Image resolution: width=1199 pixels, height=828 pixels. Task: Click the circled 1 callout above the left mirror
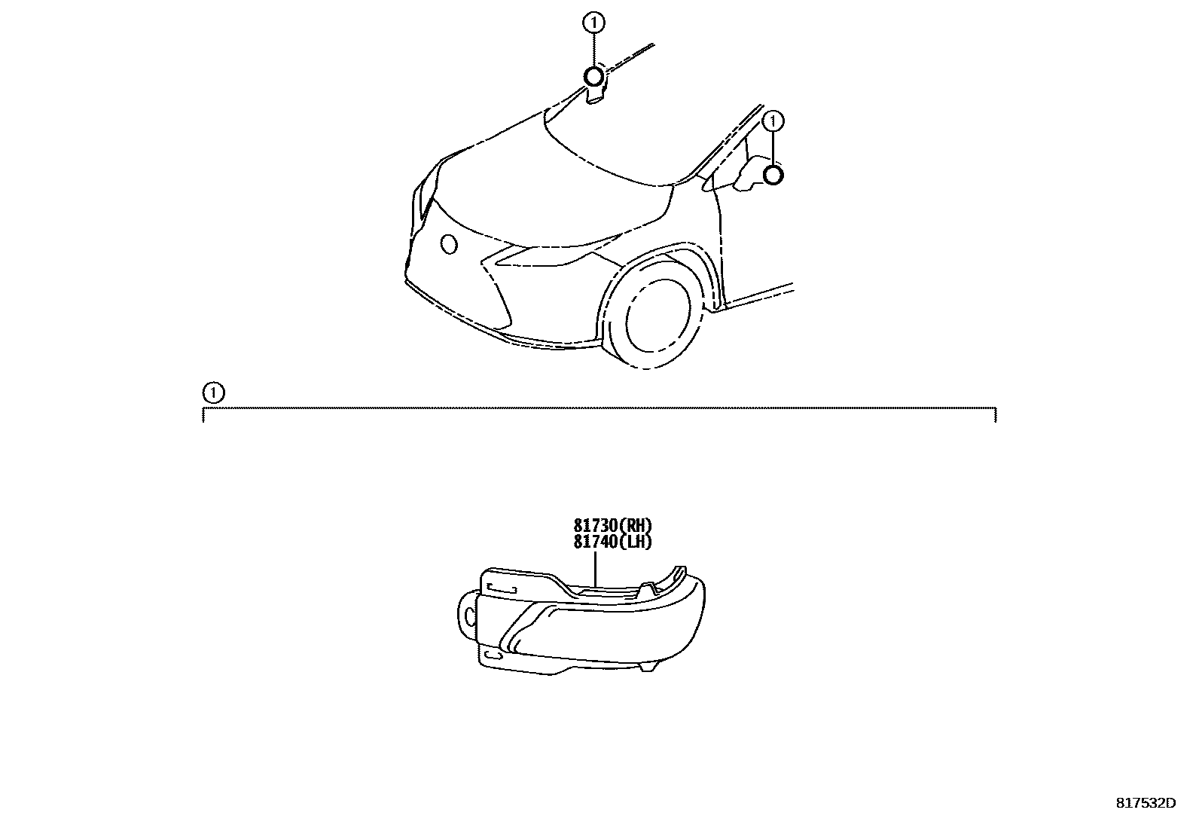click(x=593, y=23)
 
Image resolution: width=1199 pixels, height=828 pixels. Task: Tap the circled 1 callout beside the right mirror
click(x=773, y=121)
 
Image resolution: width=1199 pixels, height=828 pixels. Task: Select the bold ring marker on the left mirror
click(x=593, y=76)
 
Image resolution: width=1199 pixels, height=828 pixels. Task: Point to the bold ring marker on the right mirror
click(x=773, y=176)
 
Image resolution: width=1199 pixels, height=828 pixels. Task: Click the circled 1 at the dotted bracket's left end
click(x=213, y=393)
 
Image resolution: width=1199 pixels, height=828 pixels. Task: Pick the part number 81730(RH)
click(x=612, y=526)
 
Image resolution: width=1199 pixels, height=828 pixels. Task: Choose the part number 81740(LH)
click(x=612, y=541)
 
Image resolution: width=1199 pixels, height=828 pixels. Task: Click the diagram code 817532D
click(x=1145, y=803)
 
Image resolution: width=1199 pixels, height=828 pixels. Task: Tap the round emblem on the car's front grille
click(x=449, y=243)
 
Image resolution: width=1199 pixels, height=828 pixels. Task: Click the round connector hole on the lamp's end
click(x=470, y=619)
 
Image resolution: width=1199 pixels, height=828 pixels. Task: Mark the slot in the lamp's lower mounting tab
click(x=493, y=657)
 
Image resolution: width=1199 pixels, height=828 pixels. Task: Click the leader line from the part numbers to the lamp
click(x=595, y=568)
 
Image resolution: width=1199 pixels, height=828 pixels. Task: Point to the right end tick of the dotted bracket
click(x=996, y=414)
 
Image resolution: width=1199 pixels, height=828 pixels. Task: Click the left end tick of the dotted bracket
click(x=203, y=414)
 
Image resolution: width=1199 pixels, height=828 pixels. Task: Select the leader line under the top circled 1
click(x=593, y=50)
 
